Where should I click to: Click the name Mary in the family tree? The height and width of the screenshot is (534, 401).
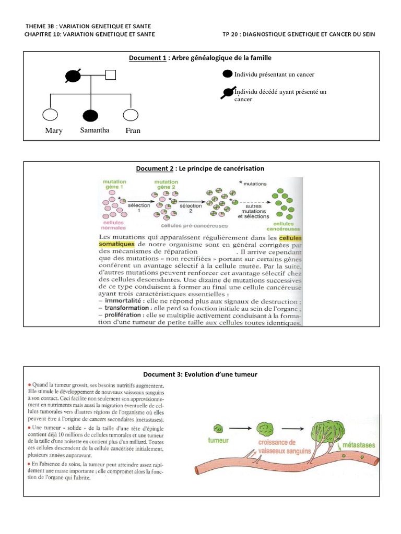[x=54, y=131]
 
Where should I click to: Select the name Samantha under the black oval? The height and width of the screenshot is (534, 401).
[x=95, y=130]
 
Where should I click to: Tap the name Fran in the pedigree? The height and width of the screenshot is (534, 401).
[x=133, y=131]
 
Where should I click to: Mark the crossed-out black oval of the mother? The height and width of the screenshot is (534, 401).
[x=73, y=76]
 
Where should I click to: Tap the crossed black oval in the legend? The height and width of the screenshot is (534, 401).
[x=228, y=93]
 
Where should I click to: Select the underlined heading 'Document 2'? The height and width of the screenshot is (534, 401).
[x=155, y=168]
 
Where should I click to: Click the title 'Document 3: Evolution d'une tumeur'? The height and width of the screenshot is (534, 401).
[x=200, y=374]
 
